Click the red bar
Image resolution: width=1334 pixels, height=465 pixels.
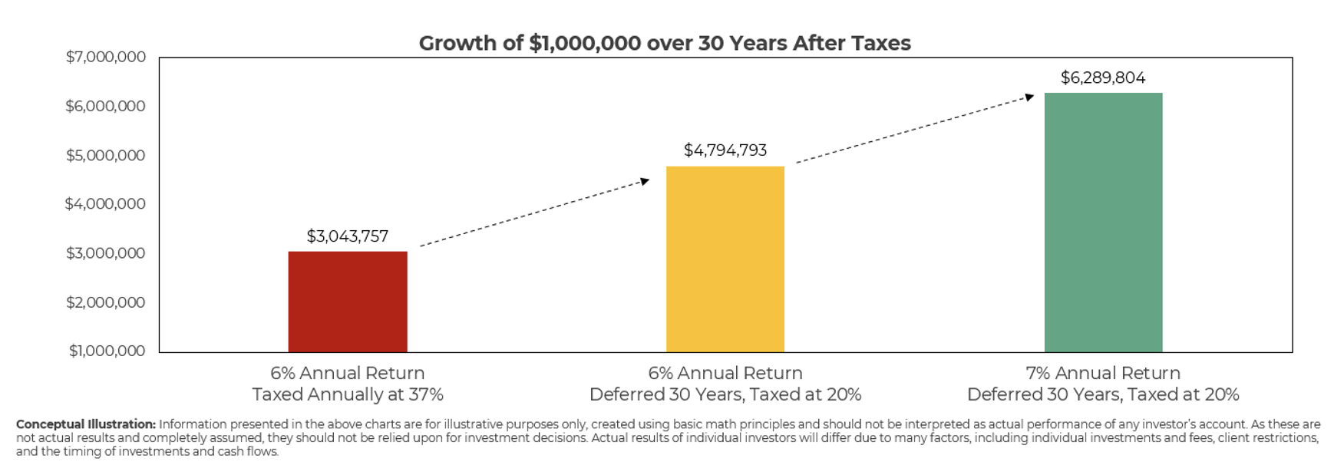coord(348,302)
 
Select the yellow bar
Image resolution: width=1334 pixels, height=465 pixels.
coord(725,259)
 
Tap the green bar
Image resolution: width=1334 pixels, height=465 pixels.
coord(1103,223)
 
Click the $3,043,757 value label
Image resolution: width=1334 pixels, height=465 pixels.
coord(348,236)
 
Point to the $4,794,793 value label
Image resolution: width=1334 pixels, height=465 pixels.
coord(725,150)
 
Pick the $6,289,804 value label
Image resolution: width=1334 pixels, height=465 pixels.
coord(1103,77)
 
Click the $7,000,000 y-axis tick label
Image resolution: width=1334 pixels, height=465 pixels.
coord(106,57)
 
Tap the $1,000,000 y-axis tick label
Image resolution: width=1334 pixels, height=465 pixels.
coord(107,351)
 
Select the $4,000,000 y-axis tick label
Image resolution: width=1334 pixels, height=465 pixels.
coord(105,204)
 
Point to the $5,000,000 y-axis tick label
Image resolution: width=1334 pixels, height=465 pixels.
coord(106,156)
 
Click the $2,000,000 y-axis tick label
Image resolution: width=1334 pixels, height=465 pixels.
coord(106,302)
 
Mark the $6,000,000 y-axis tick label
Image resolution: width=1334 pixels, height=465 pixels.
coord(106,106)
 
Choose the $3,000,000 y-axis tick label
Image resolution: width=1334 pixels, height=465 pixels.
coord(106,253)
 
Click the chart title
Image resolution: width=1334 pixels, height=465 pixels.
coord(665,43)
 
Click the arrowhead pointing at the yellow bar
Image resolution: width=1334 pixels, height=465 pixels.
coord(645,181)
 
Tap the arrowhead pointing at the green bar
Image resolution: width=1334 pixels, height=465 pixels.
coord(1029,97)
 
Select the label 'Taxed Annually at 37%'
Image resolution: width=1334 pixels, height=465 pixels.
coord(348,394)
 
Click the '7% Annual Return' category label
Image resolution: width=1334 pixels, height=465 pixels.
coord(1103,373)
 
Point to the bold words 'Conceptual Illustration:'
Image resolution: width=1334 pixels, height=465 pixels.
coord(86,424)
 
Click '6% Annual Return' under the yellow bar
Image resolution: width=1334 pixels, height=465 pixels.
coord(725,373)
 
